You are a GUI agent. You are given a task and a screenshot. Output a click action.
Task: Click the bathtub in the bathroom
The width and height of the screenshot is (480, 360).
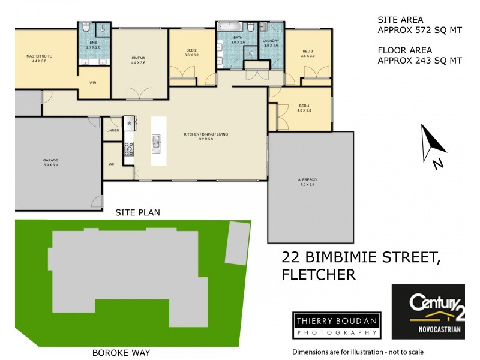click(228, 28)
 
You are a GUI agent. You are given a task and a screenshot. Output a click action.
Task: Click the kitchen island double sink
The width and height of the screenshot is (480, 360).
click(156, 142)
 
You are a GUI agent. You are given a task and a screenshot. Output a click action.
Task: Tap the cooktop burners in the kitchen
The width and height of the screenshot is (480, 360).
click(128, 148)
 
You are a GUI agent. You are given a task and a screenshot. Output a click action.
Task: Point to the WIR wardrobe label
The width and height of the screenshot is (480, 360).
click(93, 83)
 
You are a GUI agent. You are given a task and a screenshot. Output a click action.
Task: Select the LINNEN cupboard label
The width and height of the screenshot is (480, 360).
click(113, 130)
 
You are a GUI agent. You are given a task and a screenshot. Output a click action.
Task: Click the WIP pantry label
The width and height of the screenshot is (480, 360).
click(112, 163)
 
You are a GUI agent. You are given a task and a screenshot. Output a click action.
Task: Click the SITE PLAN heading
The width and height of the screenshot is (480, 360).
click(137, 212)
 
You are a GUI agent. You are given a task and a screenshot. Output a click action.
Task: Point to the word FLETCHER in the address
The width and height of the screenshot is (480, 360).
click(319, 275)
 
